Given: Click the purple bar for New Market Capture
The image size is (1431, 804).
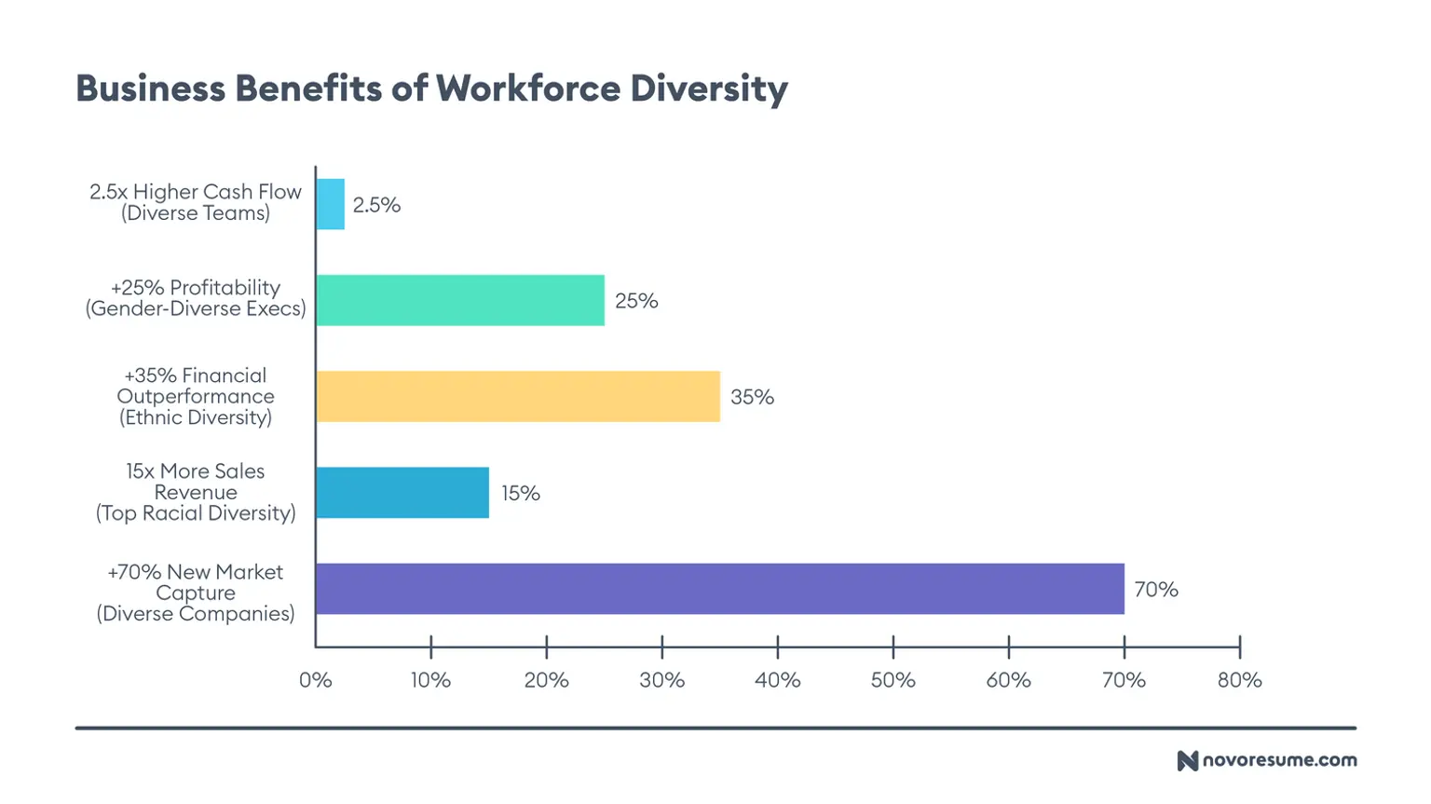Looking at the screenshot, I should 719,589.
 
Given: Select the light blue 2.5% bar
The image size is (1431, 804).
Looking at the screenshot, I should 331,204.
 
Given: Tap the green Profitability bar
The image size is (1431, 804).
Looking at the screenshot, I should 460,300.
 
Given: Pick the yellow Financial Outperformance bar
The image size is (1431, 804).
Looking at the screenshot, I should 518,396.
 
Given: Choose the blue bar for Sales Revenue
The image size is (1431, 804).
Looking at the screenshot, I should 402,493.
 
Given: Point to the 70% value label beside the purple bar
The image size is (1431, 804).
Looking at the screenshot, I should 1155,590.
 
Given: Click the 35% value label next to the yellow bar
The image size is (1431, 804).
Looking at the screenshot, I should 752,397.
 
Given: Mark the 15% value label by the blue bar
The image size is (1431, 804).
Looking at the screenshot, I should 521,494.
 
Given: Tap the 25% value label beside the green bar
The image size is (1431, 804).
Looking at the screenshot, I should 636,301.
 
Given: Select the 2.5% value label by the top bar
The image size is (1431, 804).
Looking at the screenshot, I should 376,205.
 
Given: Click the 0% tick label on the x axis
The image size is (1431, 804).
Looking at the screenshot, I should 316,680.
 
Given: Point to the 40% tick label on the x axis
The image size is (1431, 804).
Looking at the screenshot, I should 777,680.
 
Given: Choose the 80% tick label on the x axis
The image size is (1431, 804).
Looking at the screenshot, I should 1239,680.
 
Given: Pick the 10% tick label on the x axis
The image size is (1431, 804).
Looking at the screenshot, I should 430,680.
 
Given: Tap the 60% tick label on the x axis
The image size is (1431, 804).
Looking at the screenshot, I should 1008,680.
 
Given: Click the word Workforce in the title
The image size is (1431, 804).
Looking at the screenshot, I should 527,89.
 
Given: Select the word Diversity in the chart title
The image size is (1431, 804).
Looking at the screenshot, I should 709,89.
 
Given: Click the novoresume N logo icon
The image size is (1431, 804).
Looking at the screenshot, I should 1187,760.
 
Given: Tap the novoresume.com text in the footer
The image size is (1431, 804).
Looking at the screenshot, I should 1279,760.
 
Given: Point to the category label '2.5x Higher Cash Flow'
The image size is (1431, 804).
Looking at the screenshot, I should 196,192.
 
